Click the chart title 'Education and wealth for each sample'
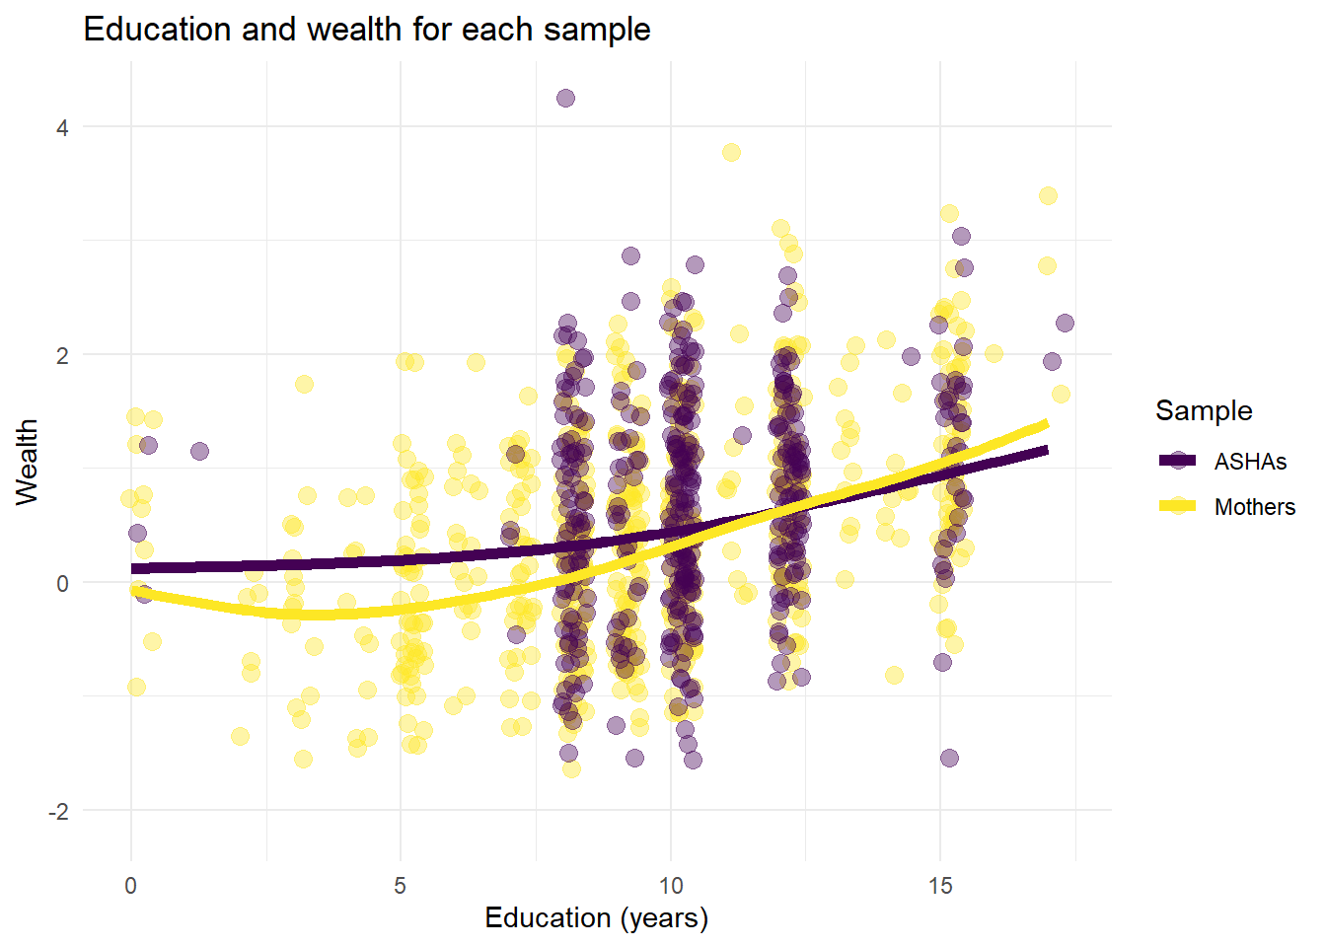(367, 30)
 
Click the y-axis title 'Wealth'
(27, 462)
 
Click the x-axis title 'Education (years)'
(596, 918)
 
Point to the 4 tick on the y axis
(62, 127)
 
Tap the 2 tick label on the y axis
(62, 355)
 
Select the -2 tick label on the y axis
(58, 811)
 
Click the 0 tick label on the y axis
(62, 583)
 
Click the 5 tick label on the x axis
(401, 886)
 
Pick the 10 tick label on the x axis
(670, 886)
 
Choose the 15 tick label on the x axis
(939, 886)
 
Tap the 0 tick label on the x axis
(131, 886)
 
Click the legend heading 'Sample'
(1204, 410)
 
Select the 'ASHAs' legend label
(1250, 462)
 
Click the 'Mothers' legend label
(1254, 507)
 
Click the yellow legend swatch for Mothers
(1178, 506)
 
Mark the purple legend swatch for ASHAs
(1178, 461)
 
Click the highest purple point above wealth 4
(565, 98)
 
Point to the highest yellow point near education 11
(731, 152)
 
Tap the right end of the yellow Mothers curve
(1046, 425)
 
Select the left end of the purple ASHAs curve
(133, 568)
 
